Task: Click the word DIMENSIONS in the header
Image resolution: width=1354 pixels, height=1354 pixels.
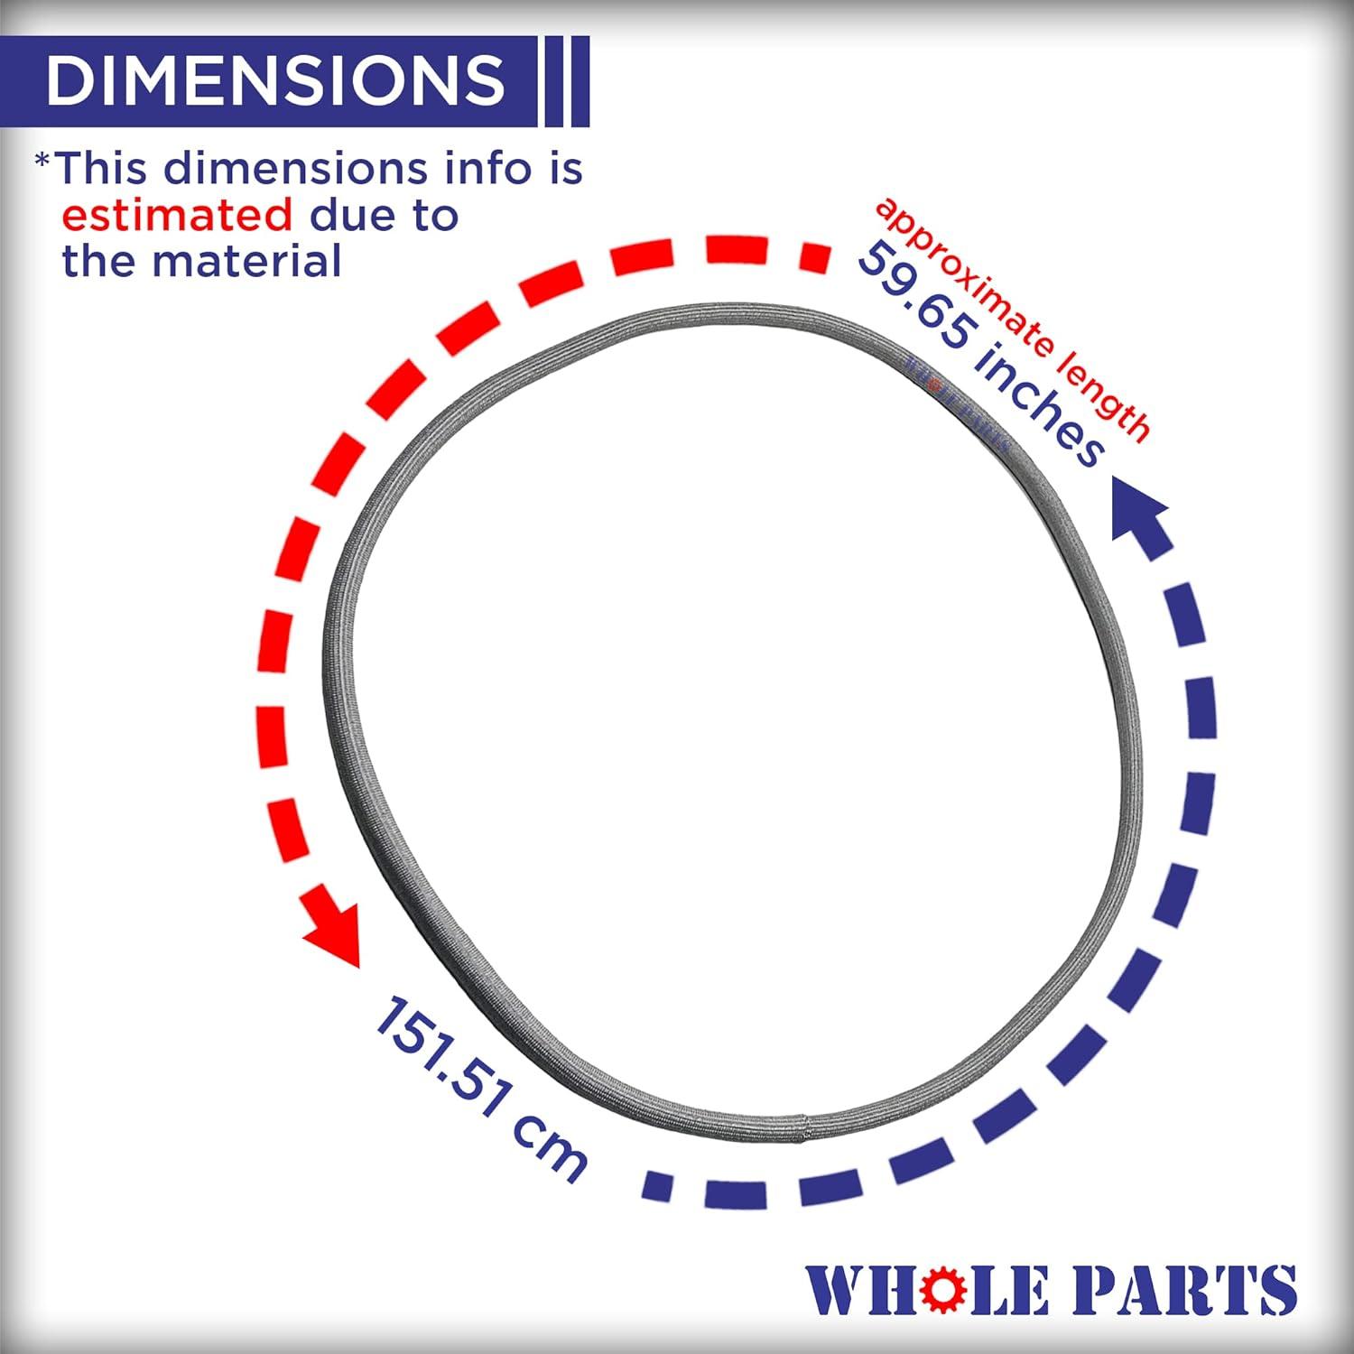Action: [275, 79]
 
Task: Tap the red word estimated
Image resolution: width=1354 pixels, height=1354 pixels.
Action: [177, 216]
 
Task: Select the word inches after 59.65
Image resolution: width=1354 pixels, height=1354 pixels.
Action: [1038, 406]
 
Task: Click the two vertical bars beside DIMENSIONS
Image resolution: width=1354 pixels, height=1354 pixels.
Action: [565, 80]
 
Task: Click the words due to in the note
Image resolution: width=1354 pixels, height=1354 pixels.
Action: [384, 216]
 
